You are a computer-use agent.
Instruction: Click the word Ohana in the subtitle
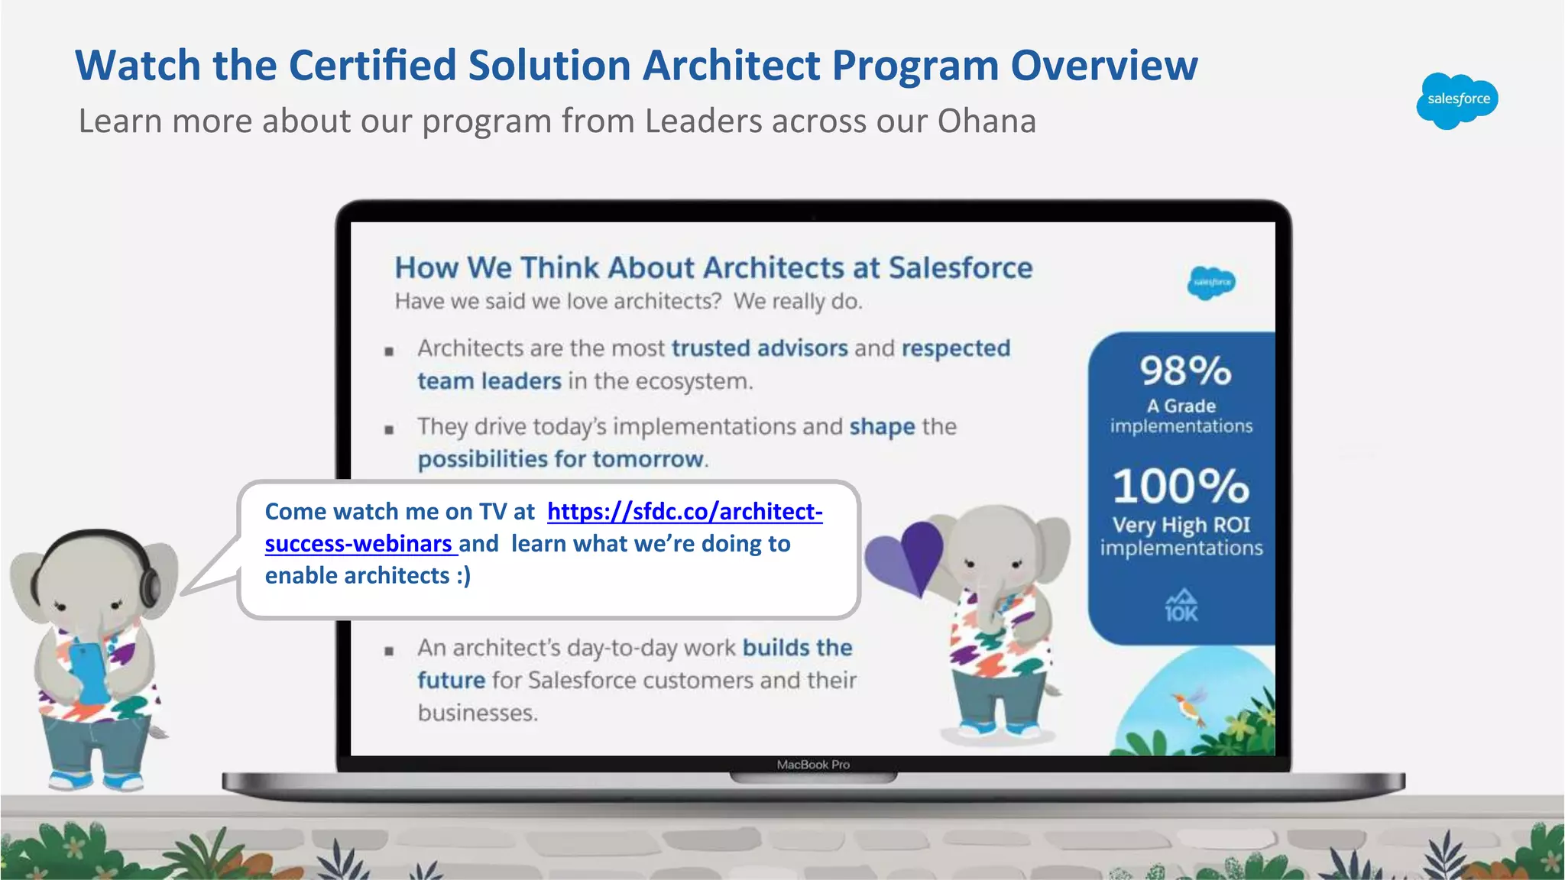click(986, 121)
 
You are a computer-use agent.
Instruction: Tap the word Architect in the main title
click(731, 66)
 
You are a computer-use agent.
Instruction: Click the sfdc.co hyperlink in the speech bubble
click(684, 512)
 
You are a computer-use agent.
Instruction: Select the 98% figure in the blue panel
click(1185, 371)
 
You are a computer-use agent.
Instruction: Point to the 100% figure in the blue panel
click(1181, 487)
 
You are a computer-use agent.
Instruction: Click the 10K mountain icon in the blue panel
click(1181, 606)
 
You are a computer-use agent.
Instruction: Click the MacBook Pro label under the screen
click(813, 765)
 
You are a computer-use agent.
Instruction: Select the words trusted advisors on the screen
click(760, 348)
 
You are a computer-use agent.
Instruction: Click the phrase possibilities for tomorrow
click(560, 459)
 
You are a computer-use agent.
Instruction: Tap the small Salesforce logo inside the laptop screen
click(1211, 283)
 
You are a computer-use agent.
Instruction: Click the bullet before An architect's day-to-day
click(389, 651)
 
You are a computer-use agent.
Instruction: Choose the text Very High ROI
click(1181, 526)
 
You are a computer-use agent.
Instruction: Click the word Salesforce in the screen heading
click(960, 268)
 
